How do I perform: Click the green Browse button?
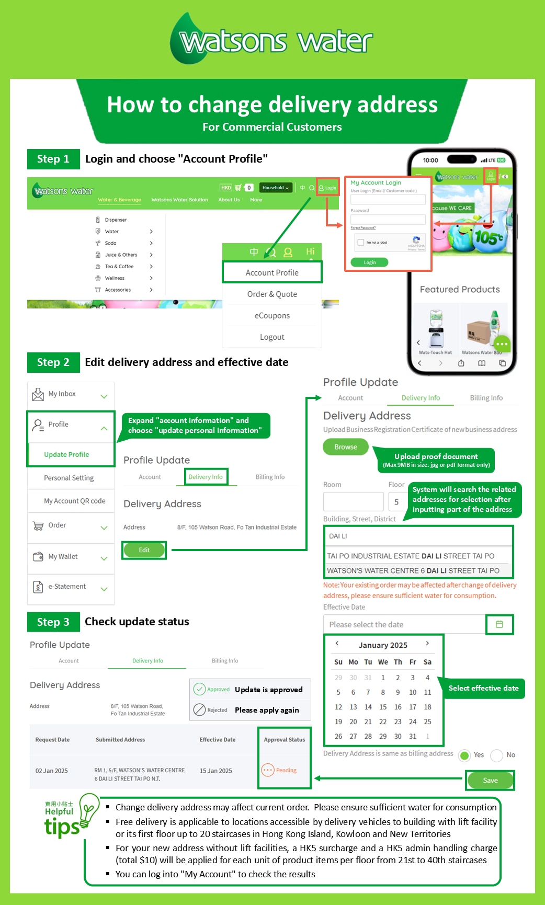(x=346, y=447)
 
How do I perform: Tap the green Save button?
(x=490, y=780)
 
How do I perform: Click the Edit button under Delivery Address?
(x=144, y=550)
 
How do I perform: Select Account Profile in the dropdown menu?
(x=272, y=272)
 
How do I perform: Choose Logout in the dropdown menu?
(x=272, y=337)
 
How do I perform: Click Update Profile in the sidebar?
(x=66, y=454)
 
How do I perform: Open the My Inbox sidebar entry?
(x=62, y=394)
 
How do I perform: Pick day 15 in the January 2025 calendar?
(x=383, y=707)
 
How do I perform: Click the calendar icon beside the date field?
(x=499, y=624)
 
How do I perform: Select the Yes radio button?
(x=464, y=755)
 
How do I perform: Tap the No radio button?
(x=497, y=755)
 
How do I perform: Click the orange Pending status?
(x=279, y=770)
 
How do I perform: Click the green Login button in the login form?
(x=370, y=262)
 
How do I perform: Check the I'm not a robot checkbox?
(x=361, y=243)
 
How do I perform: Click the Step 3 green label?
(x=53, y=622)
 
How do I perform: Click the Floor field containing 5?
(x=396, y=502)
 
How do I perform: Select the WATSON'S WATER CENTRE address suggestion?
(x=413, y=570)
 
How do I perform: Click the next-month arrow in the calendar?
(x=427, y=644)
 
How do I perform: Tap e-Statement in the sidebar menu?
(x=67, y=587)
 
